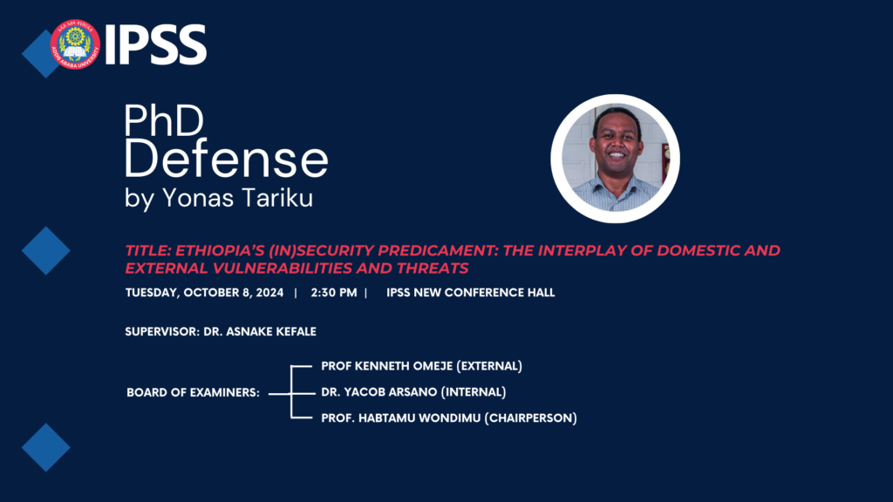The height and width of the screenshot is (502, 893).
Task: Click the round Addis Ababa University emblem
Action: (75, 44)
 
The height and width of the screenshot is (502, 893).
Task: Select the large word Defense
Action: (227, 160)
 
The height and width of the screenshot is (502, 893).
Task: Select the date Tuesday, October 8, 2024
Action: (205, 293)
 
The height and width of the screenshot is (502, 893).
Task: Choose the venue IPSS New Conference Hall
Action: (470, 293)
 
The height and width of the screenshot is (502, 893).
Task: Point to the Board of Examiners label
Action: (193, 393)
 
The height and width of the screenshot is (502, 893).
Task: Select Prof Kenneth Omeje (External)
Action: (421, 366)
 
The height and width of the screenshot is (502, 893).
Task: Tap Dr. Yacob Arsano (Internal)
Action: (412, 392)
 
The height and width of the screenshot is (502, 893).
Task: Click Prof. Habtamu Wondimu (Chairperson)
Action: (448, 418)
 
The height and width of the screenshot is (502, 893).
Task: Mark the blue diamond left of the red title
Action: (45, 251)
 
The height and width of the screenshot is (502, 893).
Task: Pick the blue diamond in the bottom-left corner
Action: (45, 447)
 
